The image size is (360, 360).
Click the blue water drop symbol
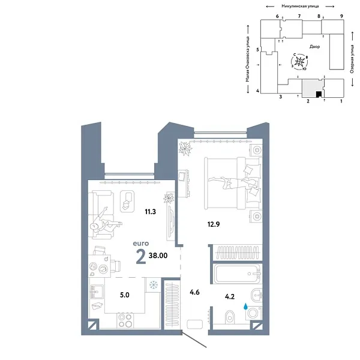point(245,306)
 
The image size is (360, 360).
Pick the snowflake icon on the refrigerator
point(154,284)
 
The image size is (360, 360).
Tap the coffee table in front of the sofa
point(127,200)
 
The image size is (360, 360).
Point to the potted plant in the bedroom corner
point(185,147)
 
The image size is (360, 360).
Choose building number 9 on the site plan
point(341,16)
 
